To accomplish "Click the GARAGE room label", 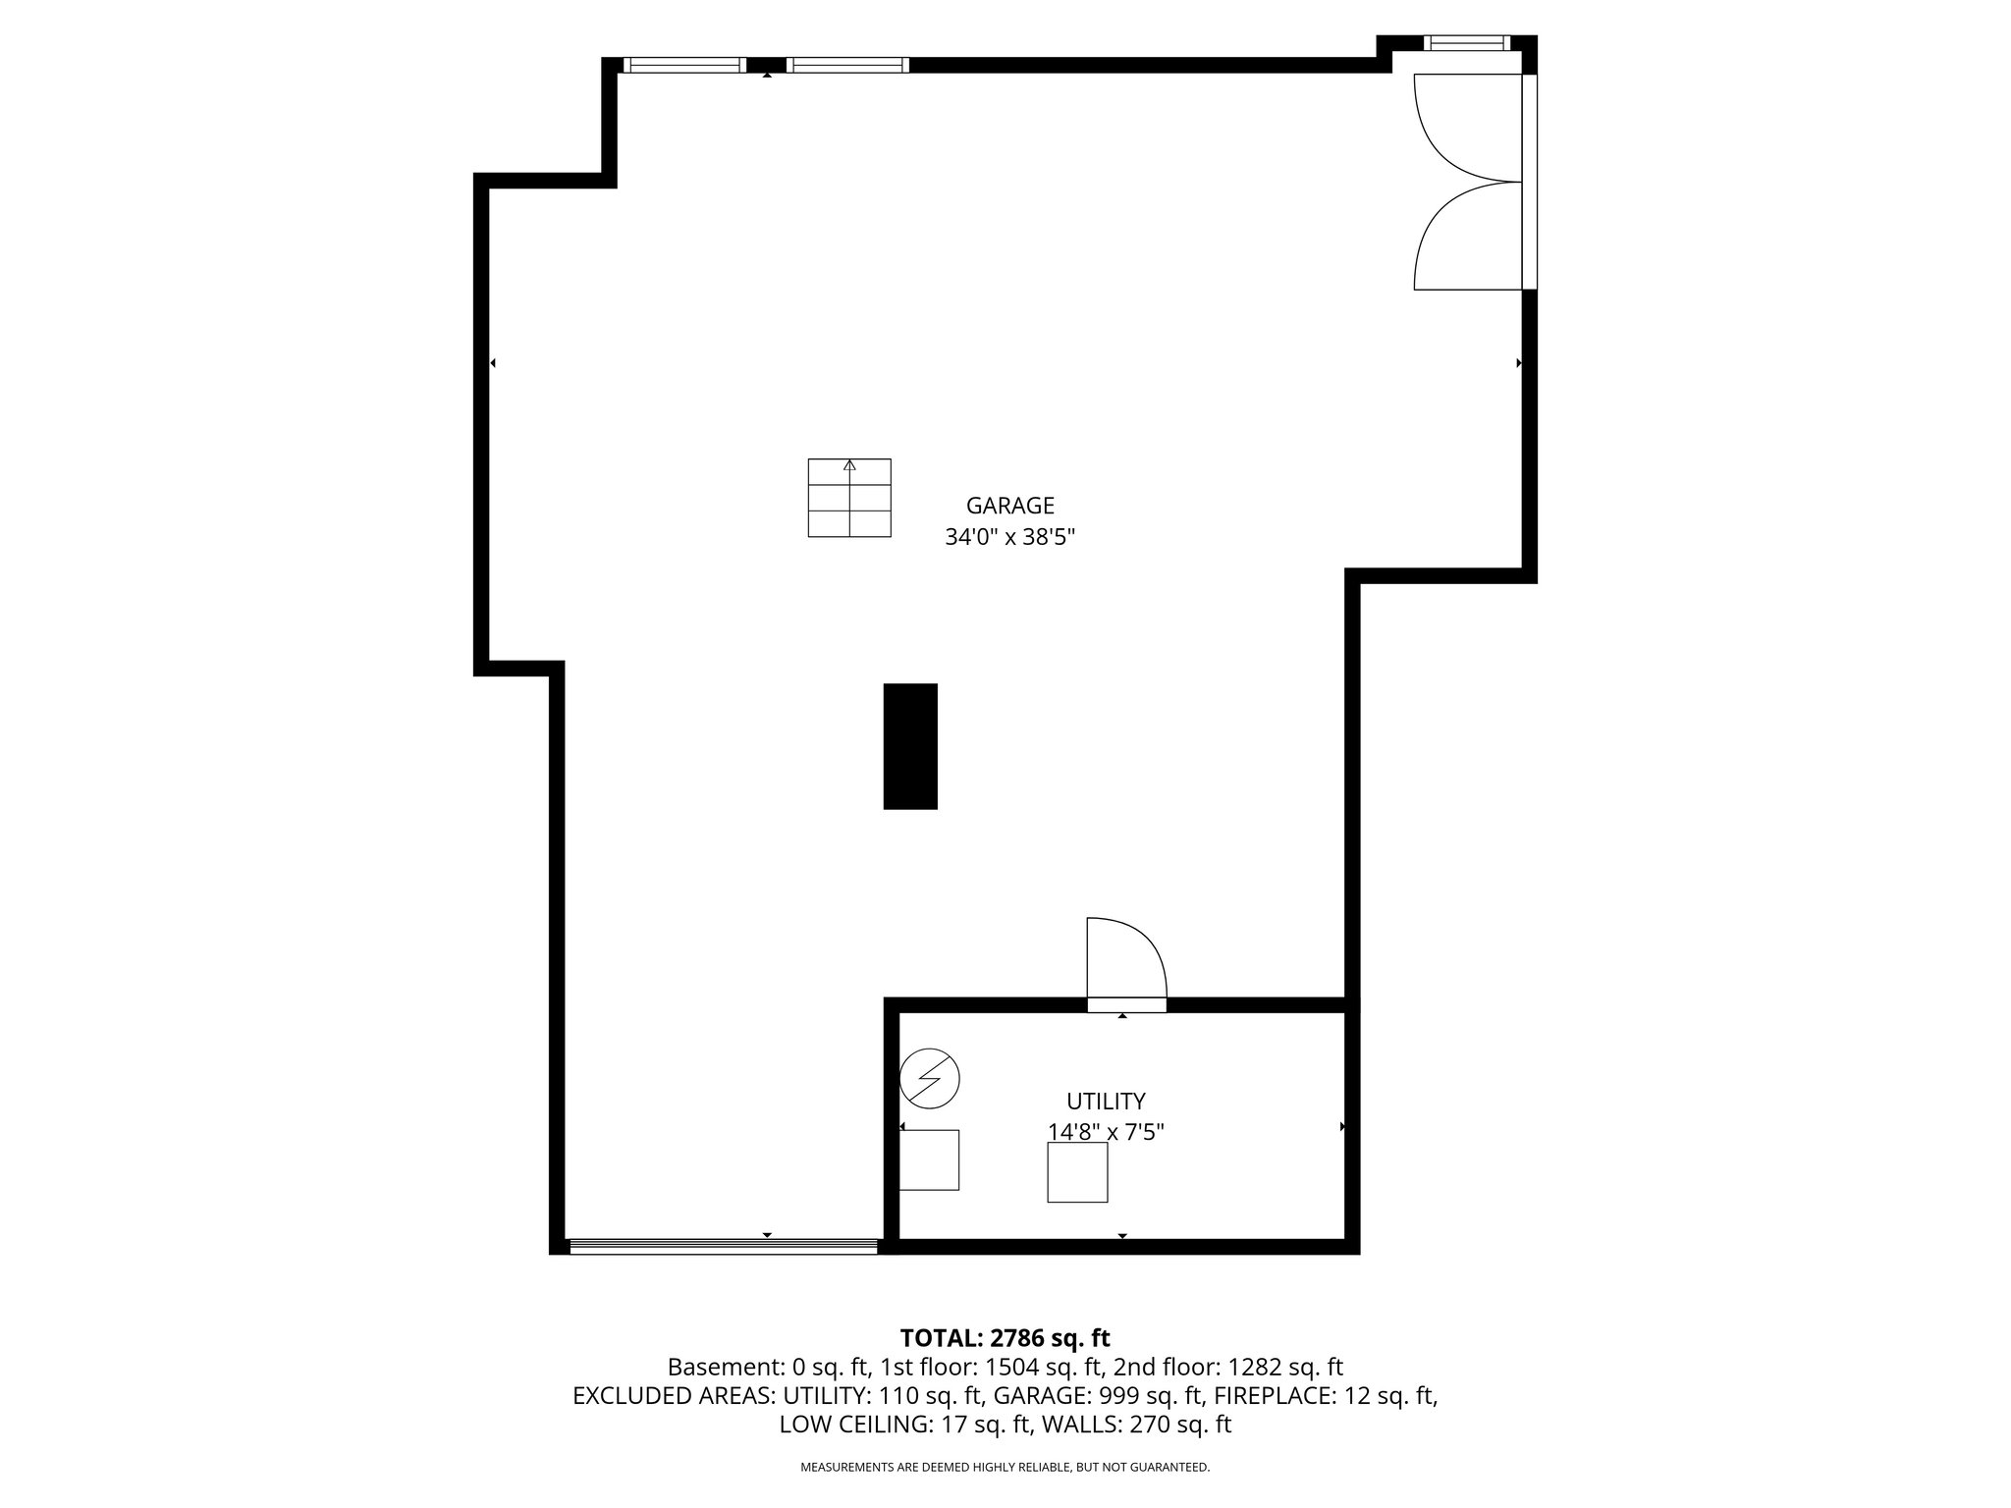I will click(x=1009, y=506).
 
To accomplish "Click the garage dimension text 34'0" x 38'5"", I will click(x=1009, y=538).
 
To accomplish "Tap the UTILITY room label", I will click(x=1106, y=1101).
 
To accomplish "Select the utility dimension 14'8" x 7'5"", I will click(x=1106, y=1132).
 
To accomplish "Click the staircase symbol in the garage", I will click(x=849, y=498).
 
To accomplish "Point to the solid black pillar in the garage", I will click(x=910, y=746).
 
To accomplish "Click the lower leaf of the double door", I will click(x=1458, y=241).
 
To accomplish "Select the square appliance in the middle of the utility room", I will click(x=1077, y=1172).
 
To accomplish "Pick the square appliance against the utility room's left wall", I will click(x=929, y=1160).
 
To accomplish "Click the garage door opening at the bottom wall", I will click(x=724, y=1246).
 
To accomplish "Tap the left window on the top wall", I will click(x=684, y=65).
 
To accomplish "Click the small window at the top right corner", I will click(x=1466, y=42).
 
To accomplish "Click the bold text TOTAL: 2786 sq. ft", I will click(x=1005, y=1337).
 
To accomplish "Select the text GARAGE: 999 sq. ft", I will click(x=1099, y=1395).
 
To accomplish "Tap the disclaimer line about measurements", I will click(x=1005, y=1467).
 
